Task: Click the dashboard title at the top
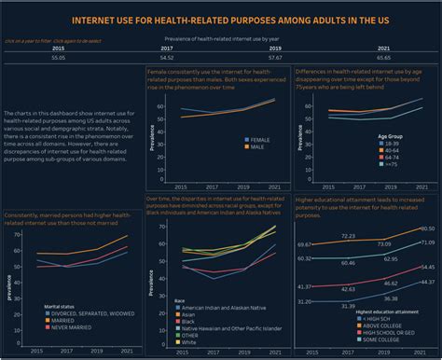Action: (221, 20)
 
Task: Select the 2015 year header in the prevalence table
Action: (58, 48)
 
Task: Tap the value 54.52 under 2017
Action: (167, 57)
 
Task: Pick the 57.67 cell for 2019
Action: (276, 57)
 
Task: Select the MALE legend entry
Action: (254, 146)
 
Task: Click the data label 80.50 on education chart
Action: (427, 228)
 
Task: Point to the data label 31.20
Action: (304, 301)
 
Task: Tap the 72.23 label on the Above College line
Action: (348, 236)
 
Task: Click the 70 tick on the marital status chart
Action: (17, 234)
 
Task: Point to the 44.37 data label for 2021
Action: (427, 281)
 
